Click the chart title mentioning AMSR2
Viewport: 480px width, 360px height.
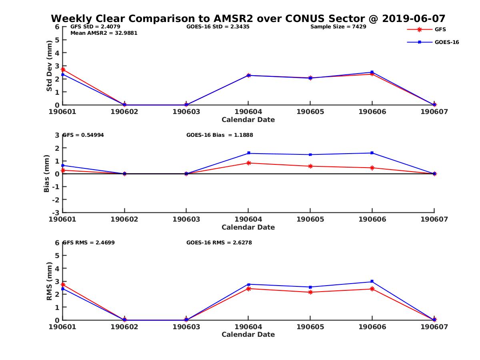click(x=248, y=19)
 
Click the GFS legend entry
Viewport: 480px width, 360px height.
click(x=440, y=30)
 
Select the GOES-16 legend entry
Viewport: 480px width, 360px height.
click(x=446, y=42)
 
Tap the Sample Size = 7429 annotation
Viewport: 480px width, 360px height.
click(x=338, y=27)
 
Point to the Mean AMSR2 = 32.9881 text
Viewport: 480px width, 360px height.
click(x=104, y=33)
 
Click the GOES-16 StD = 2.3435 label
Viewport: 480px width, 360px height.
click(x=218, y=27)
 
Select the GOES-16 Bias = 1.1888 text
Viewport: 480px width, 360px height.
click(x=220, y=135)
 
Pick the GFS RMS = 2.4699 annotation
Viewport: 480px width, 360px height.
click(x=89, y=242)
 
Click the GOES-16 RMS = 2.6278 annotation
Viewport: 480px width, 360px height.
click(x=219, y=242)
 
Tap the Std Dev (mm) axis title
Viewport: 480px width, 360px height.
click(x=49, y=66)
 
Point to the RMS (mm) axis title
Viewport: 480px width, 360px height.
click(x=49, y=281)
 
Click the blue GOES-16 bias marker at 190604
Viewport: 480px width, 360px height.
click(x=248, y=153)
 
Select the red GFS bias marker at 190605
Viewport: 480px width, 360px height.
click(x=310, y=166)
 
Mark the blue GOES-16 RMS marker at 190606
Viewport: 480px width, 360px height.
click(x=372, y=282)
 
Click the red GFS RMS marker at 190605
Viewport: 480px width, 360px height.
click(x=310, y=292)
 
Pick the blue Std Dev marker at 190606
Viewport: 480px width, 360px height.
click(x=372, y=72)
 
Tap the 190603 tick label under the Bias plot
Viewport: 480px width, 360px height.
click(x=186, y=219)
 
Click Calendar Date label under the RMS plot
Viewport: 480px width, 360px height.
click(x=248, y=334)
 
